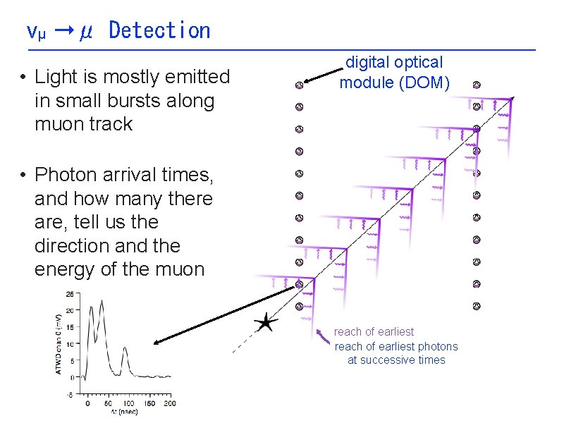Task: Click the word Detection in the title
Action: [x=159, y=30]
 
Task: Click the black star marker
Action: [x=265, y=323]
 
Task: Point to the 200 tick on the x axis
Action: [x=170, y=404]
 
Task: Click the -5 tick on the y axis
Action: [x=70, y=394]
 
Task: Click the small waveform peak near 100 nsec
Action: [x=125, y=348]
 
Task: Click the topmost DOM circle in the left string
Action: [x=299, y=85]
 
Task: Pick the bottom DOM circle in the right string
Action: [x=477, y=306]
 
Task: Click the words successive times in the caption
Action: [x=396, y=360]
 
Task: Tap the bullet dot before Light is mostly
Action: [x=23, y=76]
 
